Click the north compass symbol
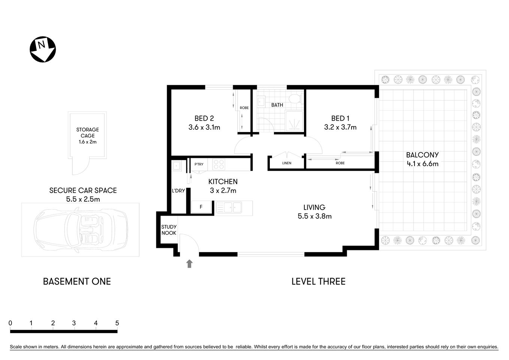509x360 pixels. point(43,49)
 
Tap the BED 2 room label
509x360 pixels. point(204,118)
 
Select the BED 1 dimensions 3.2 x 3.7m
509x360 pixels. point(340,127)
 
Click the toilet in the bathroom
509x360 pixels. point(295,99)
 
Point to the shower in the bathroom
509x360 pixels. point(295,121)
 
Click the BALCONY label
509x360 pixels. point(422,155)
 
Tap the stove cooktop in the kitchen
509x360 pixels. point(219,164)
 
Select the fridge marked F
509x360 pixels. point(201,207)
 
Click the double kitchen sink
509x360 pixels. point(229,207)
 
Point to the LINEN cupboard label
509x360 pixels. point(287,163)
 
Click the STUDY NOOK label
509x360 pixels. point(169,230)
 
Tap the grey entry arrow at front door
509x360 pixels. point(189,264)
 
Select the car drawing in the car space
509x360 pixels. point(80,230)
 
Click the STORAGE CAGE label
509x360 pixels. point(88,133)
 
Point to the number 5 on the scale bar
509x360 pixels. point(117,323)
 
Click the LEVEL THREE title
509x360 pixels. point(318,281)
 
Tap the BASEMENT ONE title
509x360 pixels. point(77,281)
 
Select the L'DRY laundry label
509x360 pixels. point(178,190)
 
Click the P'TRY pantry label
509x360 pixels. point(199,164)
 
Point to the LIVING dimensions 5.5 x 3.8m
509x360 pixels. point(314,216)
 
